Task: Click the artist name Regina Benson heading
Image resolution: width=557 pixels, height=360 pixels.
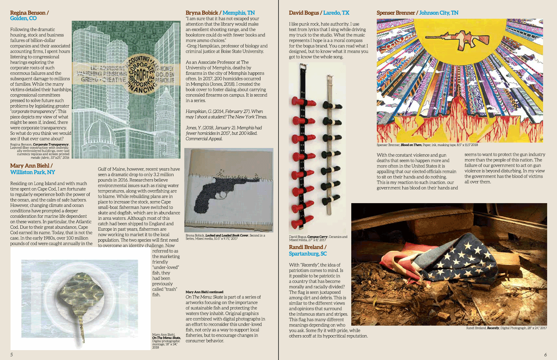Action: click(x=28, y=13)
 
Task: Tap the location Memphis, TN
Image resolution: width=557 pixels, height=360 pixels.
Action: click(x=239, y=13)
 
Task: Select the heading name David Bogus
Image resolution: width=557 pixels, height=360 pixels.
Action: click(x=304, y=13)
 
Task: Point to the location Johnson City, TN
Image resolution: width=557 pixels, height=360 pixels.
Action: click(x=439, y=13)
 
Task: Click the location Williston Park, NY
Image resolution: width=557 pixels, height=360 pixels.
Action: click(x=33, y=172)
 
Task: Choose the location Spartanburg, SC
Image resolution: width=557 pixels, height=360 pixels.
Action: click(x=308, y=253)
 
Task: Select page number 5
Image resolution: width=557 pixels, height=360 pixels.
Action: click(x=12, y=355)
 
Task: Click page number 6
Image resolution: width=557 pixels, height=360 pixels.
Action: click(x=545, y=355)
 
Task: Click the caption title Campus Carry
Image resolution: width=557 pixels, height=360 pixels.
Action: click(x=317, y=237)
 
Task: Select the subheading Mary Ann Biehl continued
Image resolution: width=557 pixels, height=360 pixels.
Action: click(x=204, y=292)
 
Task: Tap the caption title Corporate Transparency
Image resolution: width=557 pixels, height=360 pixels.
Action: click(x=51, y=145)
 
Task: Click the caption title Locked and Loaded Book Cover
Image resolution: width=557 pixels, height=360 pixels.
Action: click(x=227, y=235)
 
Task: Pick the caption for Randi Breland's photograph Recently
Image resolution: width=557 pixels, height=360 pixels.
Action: click(x=506, y=328)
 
